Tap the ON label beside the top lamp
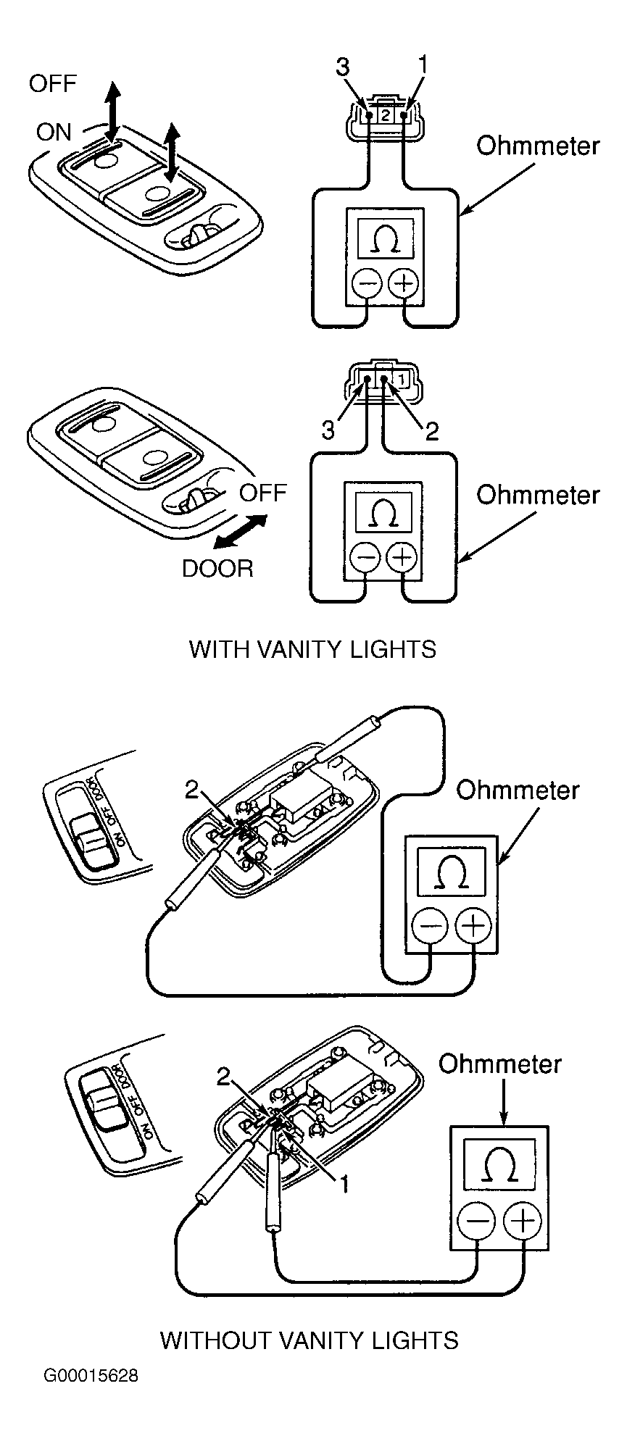[54, 132]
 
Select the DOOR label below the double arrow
[217, 568]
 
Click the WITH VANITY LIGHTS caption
[312, 648]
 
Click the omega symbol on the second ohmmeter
[384, 513]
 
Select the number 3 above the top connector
[343, 67]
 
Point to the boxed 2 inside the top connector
[386, 114]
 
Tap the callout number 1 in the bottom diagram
[346, 1184]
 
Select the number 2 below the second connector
[431, 432]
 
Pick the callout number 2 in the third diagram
[192, 790]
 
